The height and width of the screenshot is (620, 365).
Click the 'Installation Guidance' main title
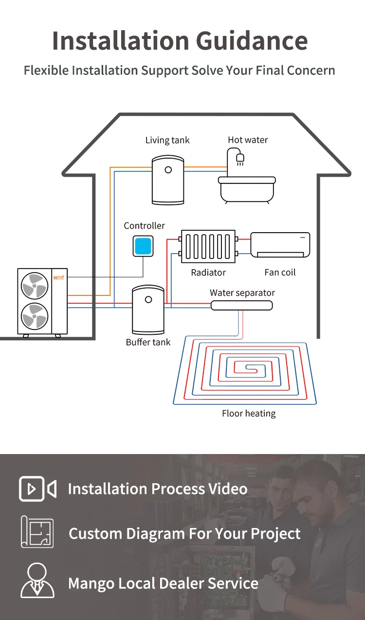point(180,40)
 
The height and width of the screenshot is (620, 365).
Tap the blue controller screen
point(143,246)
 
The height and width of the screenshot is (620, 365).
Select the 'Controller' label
point(144,226)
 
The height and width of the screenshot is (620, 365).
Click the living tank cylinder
point(168,180)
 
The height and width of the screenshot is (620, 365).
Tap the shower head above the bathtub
point(239,158)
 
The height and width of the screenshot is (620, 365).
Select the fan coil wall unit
point(280,245)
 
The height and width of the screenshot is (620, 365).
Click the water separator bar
point(241,305)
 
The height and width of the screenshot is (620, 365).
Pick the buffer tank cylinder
point(148,310)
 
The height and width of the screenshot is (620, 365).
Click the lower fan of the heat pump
point(35,316)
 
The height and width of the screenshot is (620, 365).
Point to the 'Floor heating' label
point(249,414)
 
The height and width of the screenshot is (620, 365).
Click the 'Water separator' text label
point(242,293)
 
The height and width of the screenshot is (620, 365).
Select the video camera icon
point(37,489)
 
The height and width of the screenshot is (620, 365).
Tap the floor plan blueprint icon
point(37,532)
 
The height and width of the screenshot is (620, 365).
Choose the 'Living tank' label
point(167,140)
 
